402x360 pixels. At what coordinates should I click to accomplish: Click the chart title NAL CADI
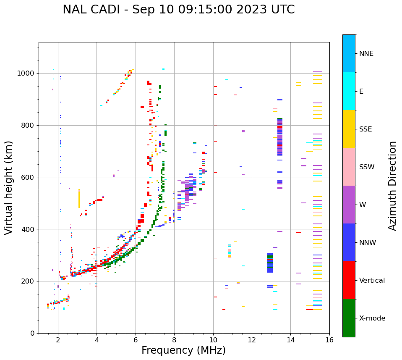click(x=178, y=10)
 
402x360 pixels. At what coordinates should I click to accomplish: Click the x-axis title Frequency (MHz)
click(x=183, y=350)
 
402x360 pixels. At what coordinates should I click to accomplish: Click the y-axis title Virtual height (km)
click(x=9, y=187)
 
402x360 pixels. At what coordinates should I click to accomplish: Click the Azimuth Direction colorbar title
click(x=392, y=186)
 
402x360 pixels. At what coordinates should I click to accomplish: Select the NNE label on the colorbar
click(x=366, y=54)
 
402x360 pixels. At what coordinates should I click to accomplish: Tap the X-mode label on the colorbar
click(x=372, y=318)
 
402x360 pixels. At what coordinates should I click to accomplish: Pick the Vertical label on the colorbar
click(x=372, y=281)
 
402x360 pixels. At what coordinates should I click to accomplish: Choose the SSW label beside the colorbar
click(x=367, y=167)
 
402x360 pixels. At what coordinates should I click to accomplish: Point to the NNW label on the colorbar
click(x=368, y=243)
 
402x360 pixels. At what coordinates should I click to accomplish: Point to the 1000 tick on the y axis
click(x=26, y=74)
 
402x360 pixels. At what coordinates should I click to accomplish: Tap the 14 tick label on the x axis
click(x=291, y=341)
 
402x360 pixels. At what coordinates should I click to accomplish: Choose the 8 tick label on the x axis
click(x=174, y=341)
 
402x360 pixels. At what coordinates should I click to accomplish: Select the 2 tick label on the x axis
click(x=58, y=341)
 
